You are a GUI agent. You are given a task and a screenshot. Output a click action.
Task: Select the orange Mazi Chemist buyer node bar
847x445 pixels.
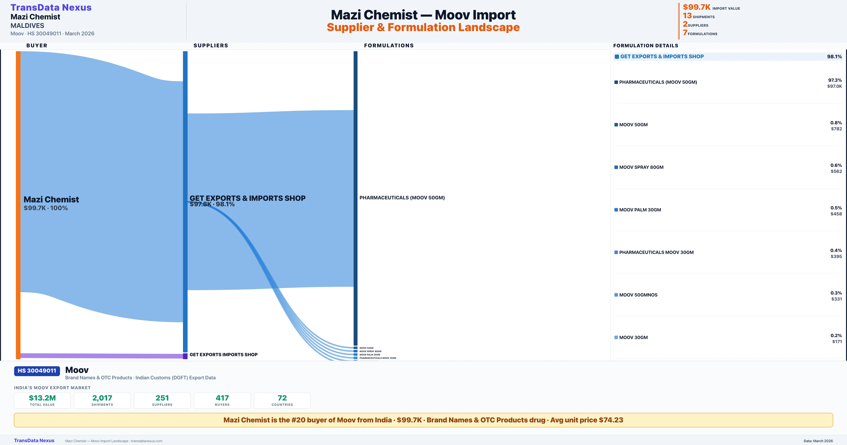(18, 204)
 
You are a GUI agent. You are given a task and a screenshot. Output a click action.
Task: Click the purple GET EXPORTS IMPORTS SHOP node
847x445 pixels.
(185, 356)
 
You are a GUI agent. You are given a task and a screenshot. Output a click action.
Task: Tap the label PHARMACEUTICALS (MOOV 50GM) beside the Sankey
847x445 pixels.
(402, 197)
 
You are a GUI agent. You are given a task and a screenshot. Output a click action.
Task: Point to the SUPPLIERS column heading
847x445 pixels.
(211, 45)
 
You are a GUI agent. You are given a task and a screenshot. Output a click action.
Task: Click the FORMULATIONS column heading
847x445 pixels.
(389, 45)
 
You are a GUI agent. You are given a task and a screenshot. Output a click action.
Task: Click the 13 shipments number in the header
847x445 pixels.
(687, 16)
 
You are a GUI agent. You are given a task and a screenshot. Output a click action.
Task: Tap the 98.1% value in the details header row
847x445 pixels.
(834, 57)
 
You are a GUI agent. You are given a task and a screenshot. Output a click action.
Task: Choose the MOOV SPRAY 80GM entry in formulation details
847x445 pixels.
(641, 167)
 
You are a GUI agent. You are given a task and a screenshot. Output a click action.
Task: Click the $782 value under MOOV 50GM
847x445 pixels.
(836, 129)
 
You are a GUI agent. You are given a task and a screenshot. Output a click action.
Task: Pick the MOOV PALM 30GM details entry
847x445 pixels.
(640, 210)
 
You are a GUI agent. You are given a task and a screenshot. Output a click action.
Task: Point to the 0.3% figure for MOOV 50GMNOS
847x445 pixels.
(836, 293)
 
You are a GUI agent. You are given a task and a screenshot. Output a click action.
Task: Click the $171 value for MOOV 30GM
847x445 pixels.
(837, 342)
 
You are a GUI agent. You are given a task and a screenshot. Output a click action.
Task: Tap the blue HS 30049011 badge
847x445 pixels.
(37, 371)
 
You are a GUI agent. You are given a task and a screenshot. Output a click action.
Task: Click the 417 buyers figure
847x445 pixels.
(222, 398)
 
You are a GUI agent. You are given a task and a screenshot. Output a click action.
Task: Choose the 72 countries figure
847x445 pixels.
(282, 398)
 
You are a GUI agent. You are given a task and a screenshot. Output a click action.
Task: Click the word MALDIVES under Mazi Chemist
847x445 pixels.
(27, 26)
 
